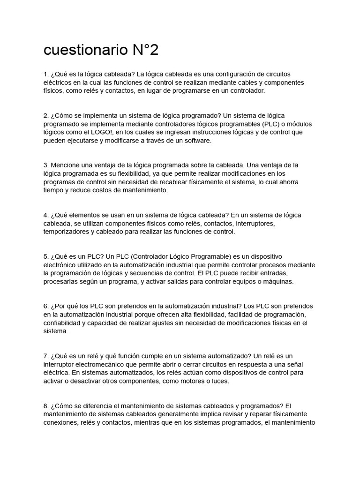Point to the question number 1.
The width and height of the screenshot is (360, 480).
pos(45,74)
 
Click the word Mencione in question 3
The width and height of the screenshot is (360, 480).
pos(65,165)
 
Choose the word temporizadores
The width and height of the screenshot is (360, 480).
pos(67,232)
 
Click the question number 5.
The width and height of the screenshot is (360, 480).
pos(45,256)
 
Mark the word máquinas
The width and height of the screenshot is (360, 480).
pos(277,282)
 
